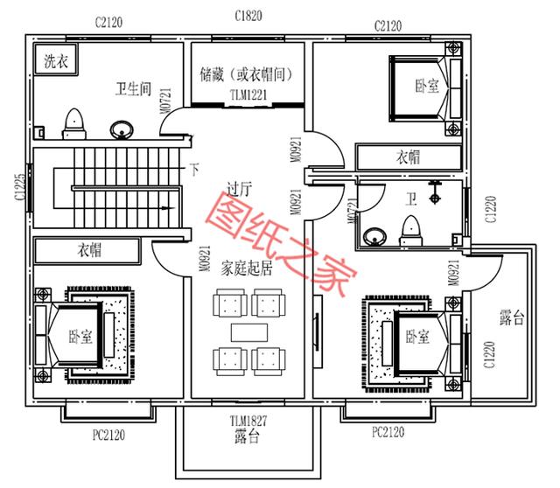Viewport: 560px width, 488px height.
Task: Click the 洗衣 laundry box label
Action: point(56,61)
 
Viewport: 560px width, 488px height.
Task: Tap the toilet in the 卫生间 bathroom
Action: point(73,123)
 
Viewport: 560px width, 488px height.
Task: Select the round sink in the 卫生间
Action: point(121,129)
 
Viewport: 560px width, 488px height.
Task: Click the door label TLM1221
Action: point(248,95)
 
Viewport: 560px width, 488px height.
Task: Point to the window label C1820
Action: point(248,16)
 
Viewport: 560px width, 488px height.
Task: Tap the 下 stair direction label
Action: point(194,169)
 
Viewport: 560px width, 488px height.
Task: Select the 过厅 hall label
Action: point(239,189)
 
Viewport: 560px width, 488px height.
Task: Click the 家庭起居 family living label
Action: point(247,268)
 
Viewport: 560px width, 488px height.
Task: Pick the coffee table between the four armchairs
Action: point(248,332)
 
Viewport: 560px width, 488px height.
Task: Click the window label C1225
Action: point(20,187)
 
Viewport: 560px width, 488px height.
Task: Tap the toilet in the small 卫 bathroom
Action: point(410,231)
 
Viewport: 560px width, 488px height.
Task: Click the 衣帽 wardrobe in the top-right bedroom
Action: point(409,157)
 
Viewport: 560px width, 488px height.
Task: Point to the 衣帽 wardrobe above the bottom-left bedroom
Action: point(87,250)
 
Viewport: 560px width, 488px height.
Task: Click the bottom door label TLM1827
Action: point(248,421)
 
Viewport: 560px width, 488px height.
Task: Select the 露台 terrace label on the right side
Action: point(511,317)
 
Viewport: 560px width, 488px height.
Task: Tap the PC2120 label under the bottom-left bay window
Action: point(108,436)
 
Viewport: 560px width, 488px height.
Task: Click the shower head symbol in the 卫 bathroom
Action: point(434,193)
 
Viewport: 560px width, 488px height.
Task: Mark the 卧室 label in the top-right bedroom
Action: point(427,86)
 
